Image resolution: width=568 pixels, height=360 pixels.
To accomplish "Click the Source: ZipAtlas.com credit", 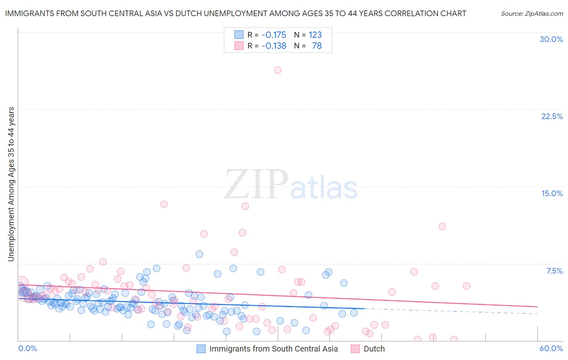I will (532, 13).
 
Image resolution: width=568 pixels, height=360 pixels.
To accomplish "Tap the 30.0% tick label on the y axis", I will (551, 39).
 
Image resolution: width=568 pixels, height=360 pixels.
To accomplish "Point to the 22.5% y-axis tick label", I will (552, 116).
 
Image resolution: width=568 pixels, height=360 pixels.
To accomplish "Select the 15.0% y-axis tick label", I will (552, 193).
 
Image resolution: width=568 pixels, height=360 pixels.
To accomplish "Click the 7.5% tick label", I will (554, 271).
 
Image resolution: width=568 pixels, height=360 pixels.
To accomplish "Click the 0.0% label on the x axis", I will (27, 348).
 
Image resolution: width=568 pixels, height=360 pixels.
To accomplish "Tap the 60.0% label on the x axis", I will (551, 348).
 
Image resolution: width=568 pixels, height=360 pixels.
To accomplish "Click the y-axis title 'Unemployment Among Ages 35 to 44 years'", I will (11, 184).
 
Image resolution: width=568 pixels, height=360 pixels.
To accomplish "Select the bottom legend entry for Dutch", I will (374, 349).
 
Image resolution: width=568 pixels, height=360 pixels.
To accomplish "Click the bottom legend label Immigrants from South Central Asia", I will (273, 349).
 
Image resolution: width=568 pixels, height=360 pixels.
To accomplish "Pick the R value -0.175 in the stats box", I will (273, 35).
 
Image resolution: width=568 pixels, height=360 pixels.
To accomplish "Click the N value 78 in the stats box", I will (317, 46).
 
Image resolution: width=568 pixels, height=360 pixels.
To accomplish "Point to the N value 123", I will (315, 35).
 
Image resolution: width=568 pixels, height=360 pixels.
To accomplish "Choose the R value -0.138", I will (273, 46).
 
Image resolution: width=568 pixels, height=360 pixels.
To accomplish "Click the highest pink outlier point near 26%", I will (278, 70).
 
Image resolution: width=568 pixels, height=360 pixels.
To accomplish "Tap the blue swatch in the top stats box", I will (239, 35).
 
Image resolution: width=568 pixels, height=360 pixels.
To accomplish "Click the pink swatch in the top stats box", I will (239, 46).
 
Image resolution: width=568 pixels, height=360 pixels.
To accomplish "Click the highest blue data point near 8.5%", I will (199, 254).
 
